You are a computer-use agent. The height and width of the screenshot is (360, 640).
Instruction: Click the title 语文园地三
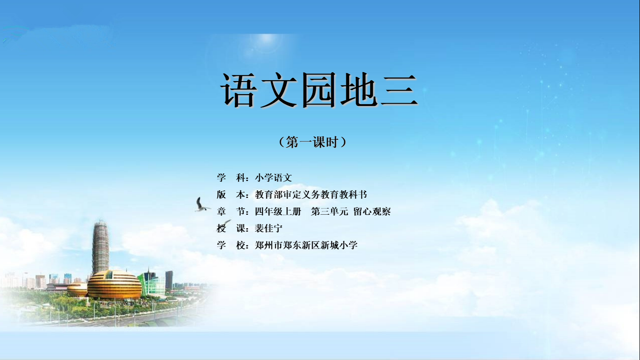coord(320,90)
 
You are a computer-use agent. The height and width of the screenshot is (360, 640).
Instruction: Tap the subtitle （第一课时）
coord(313,142)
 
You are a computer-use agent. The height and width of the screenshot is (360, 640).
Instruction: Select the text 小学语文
coord(274,178)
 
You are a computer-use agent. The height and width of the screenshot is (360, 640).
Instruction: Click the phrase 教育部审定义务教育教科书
coord(311,195)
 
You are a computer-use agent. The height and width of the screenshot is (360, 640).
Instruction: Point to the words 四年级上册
coord(278,211)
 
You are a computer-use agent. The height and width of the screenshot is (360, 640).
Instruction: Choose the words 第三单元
coord(329,211)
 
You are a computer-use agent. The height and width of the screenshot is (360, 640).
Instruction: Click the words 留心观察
coord(372,211)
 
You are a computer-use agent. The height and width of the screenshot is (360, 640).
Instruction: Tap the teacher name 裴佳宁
coord(268,228)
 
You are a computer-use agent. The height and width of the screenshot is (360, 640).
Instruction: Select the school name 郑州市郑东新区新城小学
coord(306,245)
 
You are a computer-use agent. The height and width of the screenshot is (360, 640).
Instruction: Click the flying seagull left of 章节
coord(202,205)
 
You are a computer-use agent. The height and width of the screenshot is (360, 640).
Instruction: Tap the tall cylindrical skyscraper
coord(100,247)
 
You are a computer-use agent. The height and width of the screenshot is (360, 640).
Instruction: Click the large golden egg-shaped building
coord(114,285)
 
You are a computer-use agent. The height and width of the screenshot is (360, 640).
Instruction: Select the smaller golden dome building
coord(77,290)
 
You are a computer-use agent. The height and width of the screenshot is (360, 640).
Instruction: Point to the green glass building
coord(152,284)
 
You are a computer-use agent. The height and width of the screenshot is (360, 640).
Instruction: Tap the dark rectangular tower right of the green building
coord(169,279)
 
